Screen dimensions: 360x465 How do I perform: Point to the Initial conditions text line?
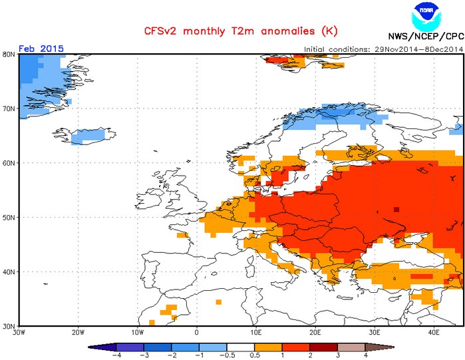(384, 49)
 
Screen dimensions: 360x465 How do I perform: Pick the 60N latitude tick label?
(10, 162)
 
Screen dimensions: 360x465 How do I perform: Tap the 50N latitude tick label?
(10, 217)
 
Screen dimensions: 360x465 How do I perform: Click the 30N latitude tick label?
(10, 326)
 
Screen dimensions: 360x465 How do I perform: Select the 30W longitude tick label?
(19, 333)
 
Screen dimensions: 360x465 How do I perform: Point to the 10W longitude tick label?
(138, 333)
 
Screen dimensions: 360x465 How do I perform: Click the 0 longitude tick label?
(197, 333)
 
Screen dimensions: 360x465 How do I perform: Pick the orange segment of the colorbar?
(267, 347)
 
